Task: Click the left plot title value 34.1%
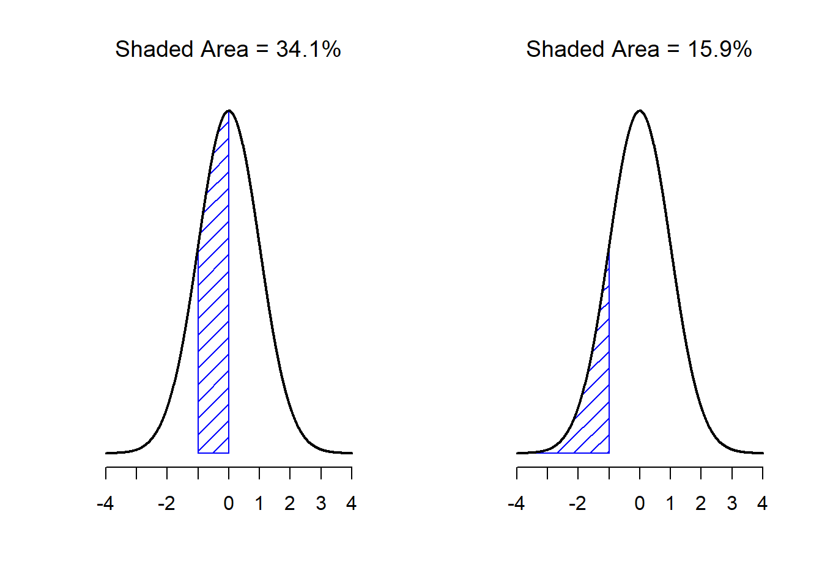[308, 50]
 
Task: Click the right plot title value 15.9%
[720, 50]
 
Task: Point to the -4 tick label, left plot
[105, 504]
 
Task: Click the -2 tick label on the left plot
[166, 504]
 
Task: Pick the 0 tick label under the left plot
[229, 504]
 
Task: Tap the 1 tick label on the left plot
[259, 504]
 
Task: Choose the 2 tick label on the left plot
[290, 504]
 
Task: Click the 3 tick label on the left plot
[321, 504]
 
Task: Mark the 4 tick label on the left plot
[352, 504]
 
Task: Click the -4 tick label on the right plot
[516, 504]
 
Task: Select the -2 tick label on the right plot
[577, 504]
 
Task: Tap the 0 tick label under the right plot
[640, 504]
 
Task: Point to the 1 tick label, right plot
[670, 504]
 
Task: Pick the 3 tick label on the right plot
[732, 504]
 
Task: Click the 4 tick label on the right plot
[763, 504]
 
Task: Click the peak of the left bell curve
[229, 111]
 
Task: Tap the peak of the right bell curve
[640, 111]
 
